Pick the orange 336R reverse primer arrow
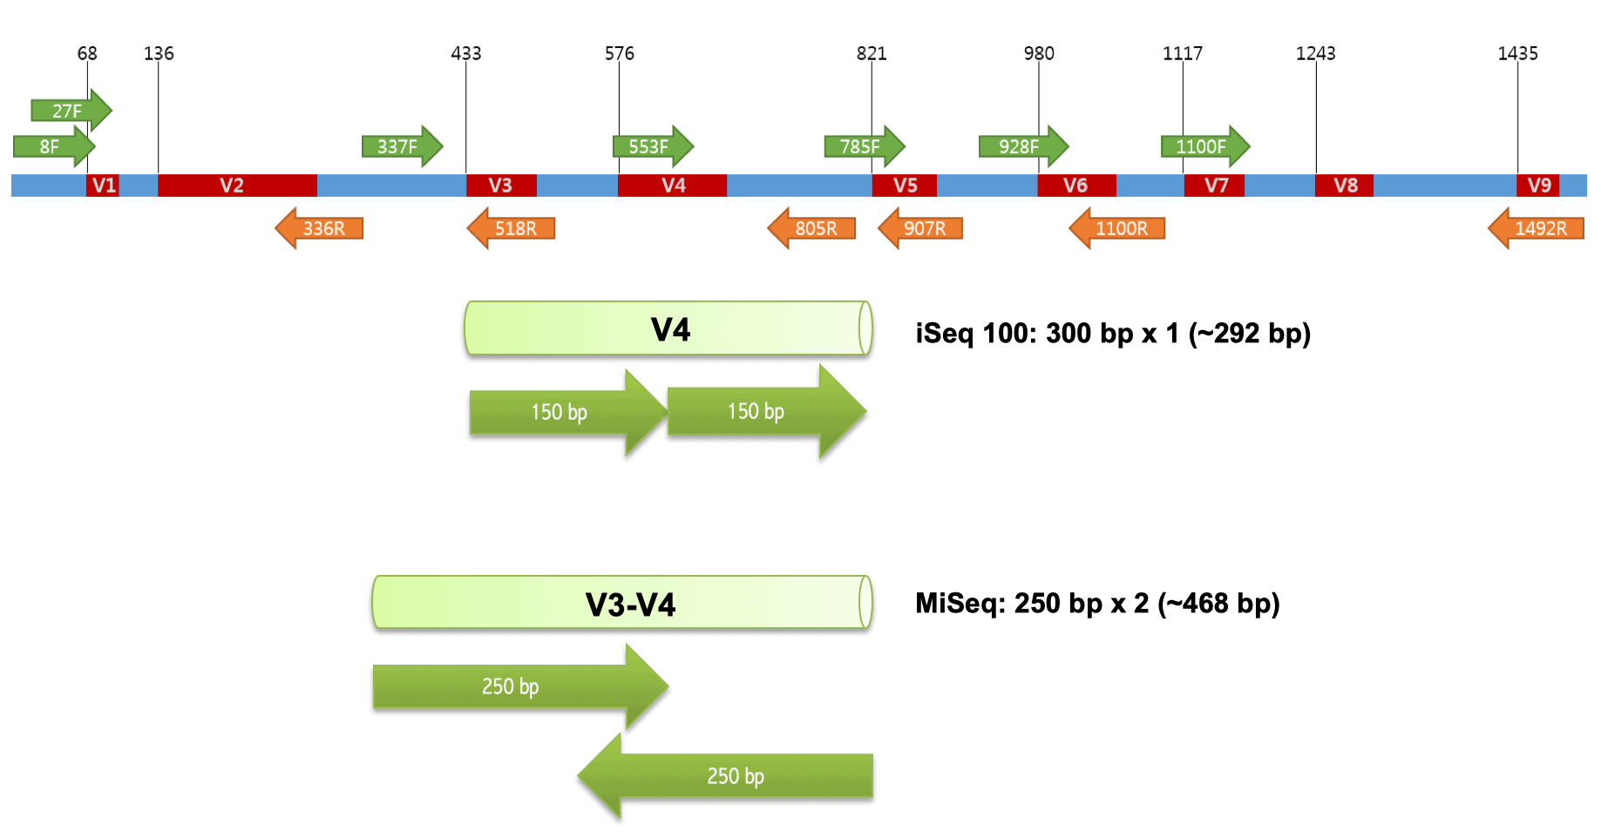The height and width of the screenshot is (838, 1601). coord(320,228)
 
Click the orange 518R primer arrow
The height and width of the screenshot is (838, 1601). coord(512,228)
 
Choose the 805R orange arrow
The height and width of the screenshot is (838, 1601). coord(812,228)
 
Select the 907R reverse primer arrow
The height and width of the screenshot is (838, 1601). coord(921,228)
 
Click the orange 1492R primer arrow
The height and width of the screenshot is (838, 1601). coord(1537,228)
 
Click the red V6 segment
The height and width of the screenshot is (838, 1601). coord(1076,186)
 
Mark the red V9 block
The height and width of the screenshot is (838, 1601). coord(1538,186)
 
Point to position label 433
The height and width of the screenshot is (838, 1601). coord(465,53)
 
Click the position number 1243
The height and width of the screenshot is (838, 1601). coord(1315,53)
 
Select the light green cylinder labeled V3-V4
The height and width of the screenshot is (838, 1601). coord(622,603)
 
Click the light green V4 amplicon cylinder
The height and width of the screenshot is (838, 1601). coord(668,329)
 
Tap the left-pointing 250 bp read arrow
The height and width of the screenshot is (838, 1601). coord(728,775)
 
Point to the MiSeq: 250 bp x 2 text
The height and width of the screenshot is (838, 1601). coord(1096,604)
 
